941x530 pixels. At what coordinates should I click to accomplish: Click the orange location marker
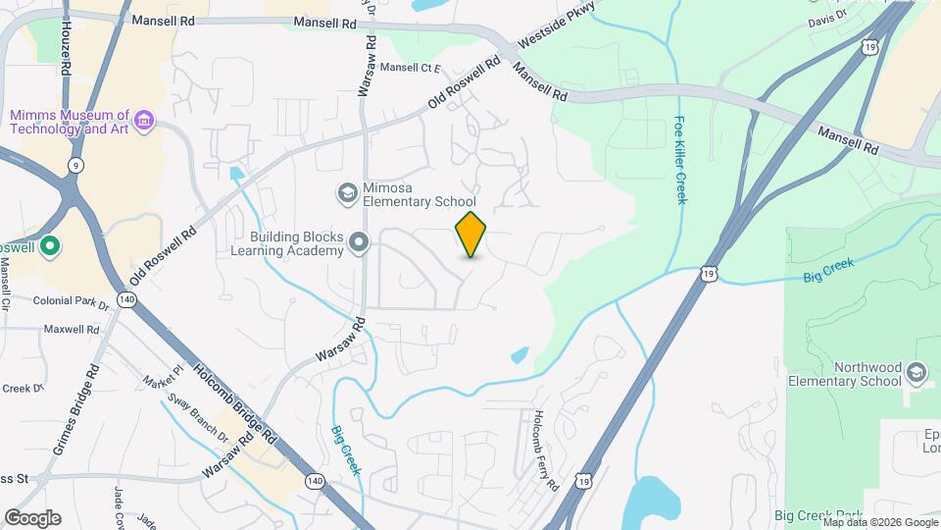(471, 235)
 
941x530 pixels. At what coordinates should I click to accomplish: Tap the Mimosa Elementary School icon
(346, 193)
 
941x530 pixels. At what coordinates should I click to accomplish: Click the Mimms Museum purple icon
(144, 121)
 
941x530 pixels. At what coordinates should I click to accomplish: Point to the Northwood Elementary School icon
(916, 373)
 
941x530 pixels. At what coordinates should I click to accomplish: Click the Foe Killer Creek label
(680, 161)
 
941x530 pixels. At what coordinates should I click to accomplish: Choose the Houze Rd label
(66, 45)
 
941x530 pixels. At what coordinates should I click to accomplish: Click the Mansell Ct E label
(411, 68)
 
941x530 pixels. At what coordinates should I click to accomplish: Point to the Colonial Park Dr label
(72, 301)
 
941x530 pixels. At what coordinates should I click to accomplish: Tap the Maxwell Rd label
(74, 329)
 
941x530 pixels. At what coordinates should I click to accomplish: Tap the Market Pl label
(163, 376)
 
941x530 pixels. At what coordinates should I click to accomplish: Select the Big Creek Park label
(818, 515)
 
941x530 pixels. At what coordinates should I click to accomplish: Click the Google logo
(32, 517)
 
